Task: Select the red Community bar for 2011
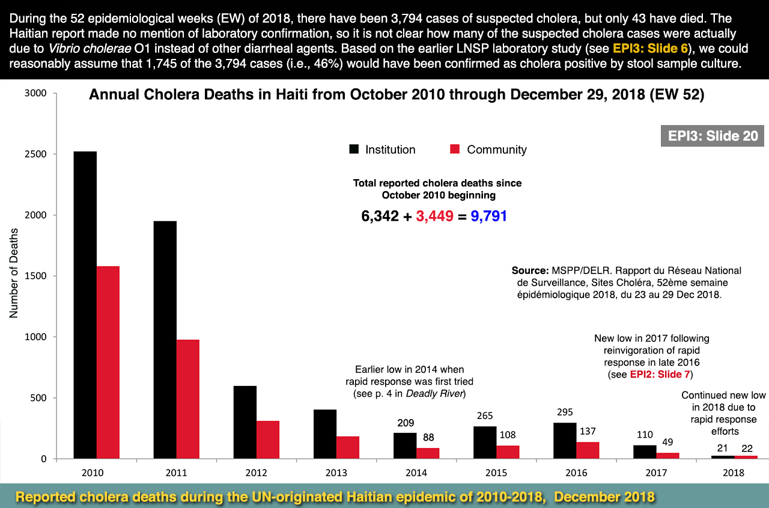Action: [x=187, y=399]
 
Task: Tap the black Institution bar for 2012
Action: [x=245, y=422]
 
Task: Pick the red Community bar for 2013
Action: [x=347, y=447]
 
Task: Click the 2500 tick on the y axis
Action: [x=36, y=155]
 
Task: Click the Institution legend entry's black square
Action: [x=354, y=150]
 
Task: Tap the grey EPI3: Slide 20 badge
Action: [x=713, y=136]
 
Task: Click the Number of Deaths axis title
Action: [x=14, y=272]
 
